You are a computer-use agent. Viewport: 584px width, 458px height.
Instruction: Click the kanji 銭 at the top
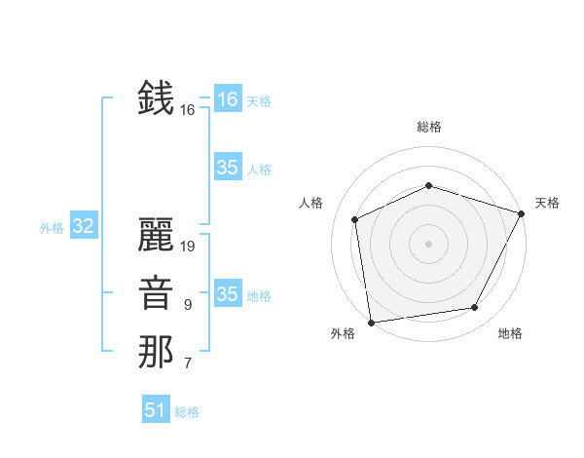tap(157, 98)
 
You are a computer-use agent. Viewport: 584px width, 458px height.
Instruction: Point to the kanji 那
tap(157, 352)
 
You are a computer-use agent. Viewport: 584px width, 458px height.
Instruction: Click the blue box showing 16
tap(227, 99)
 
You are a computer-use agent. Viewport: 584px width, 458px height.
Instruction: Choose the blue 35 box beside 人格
tap(227, 168)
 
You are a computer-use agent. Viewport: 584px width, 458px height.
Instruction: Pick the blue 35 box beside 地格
tap(227, 294)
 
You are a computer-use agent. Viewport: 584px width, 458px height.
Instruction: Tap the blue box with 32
tap(83, 227)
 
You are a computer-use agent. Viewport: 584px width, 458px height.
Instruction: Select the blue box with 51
tap(155, 410)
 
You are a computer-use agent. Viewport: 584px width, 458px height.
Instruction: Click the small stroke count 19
tap(188, 247)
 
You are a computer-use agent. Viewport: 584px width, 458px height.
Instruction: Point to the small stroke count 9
tap(187, 305)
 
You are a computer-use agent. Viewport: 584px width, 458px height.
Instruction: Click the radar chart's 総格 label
tap(428, 127)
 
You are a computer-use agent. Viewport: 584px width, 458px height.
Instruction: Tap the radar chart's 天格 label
tap(547, 203)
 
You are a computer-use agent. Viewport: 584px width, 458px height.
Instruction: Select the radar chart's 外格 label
tap(343, 333)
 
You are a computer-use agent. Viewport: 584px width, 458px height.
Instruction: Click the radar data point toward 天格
tap(522, 213)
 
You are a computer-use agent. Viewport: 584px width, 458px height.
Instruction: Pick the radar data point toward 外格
tap(371, 322)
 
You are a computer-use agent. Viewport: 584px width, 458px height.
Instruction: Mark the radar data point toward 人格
tap(355, 219)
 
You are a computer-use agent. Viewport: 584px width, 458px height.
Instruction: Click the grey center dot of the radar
tap(428, 244)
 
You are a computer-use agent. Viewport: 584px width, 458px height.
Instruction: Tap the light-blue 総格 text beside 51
tap(187, 412)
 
